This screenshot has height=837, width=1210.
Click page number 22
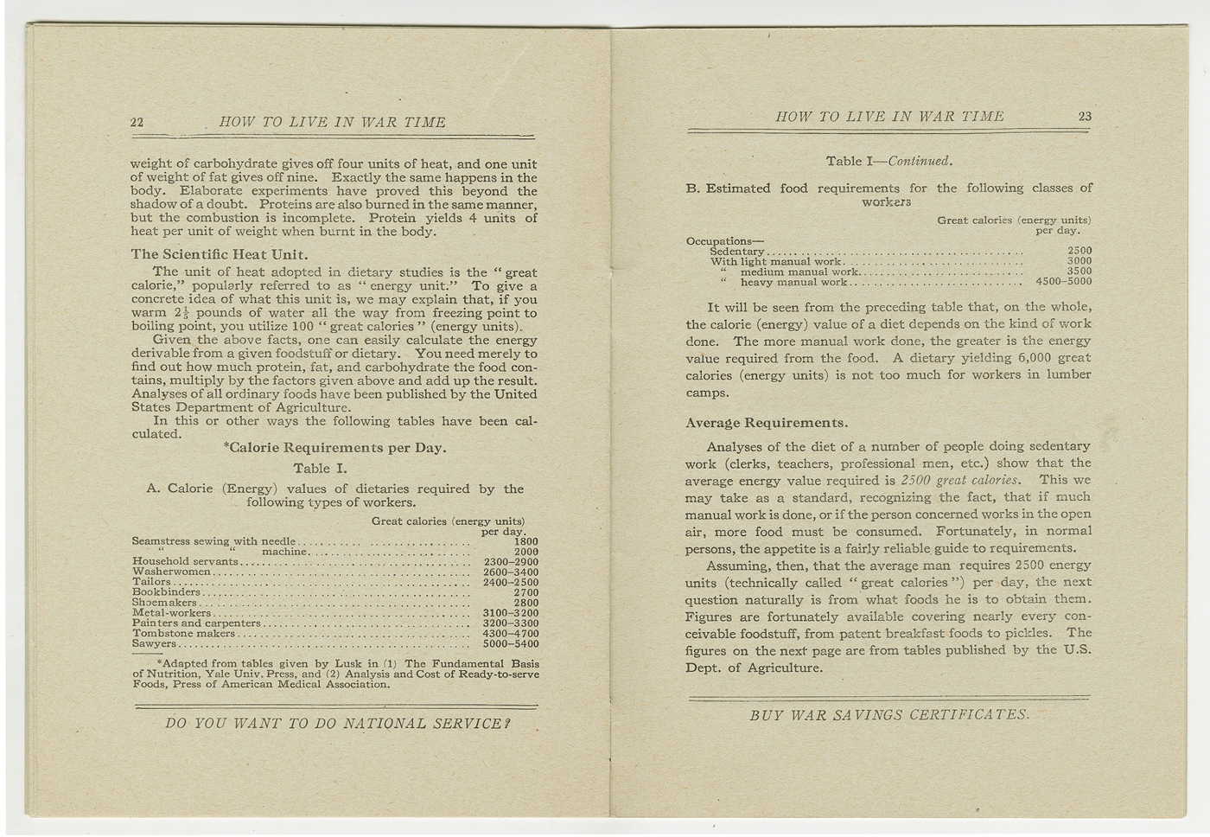tap(137, 123)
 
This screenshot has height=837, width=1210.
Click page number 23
tap(1085, 117)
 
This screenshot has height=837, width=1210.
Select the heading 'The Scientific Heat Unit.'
tap(219, 254)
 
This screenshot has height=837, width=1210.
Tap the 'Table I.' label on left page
tap(320, 469)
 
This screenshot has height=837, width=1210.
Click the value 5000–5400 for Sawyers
tap(511, 644)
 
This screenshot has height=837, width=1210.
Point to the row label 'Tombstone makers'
tap(183, 634)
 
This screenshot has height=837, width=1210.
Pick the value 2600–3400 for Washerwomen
tap(511, 572)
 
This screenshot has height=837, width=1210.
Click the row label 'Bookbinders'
tap(166, 592)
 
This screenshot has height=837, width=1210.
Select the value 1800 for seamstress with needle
tap(525, 542)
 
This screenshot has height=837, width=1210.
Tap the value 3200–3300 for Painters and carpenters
tap(511, 623)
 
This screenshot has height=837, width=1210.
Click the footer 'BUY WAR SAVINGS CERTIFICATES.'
tap(889, 715)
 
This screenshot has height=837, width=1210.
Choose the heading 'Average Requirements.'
tap(766, 423)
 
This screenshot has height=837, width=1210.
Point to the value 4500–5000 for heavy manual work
tap(1063, 282)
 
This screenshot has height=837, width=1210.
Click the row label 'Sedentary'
tap(736, 252)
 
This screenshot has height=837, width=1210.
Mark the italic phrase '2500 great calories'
tap(959, 480)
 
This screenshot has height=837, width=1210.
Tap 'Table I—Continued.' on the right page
tap(888, 161)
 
